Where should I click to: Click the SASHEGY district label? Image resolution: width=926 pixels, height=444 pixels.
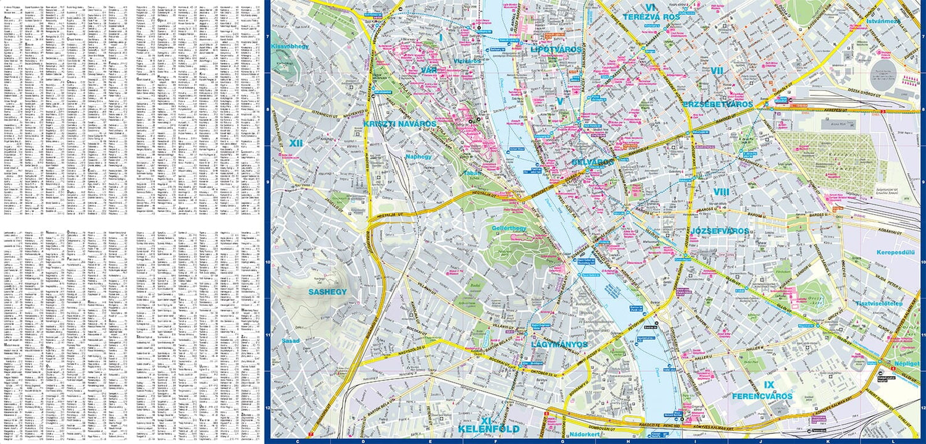328,291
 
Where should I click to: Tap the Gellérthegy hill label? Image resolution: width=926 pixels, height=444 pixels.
509,228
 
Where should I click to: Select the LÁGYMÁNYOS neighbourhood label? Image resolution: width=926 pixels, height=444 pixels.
560,345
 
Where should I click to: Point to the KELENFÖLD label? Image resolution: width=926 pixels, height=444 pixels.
488,429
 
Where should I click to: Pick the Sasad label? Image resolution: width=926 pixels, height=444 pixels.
290,340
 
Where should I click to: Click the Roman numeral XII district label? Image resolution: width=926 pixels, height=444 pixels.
295,143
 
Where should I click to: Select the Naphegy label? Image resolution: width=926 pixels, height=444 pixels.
419,157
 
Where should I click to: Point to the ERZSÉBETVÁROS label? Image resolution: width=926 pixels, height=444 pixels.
718,104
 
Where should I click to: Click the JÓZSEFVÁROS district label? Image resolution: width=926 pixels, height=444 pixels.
719,231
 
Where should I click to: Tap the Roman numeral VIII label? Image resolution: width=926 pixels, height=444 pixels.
721,192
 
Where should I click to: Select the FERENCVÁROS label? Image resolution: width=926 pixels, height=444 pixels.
762,396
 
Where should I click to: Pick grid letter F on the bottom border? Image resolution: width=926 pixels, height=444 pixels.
496,441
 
